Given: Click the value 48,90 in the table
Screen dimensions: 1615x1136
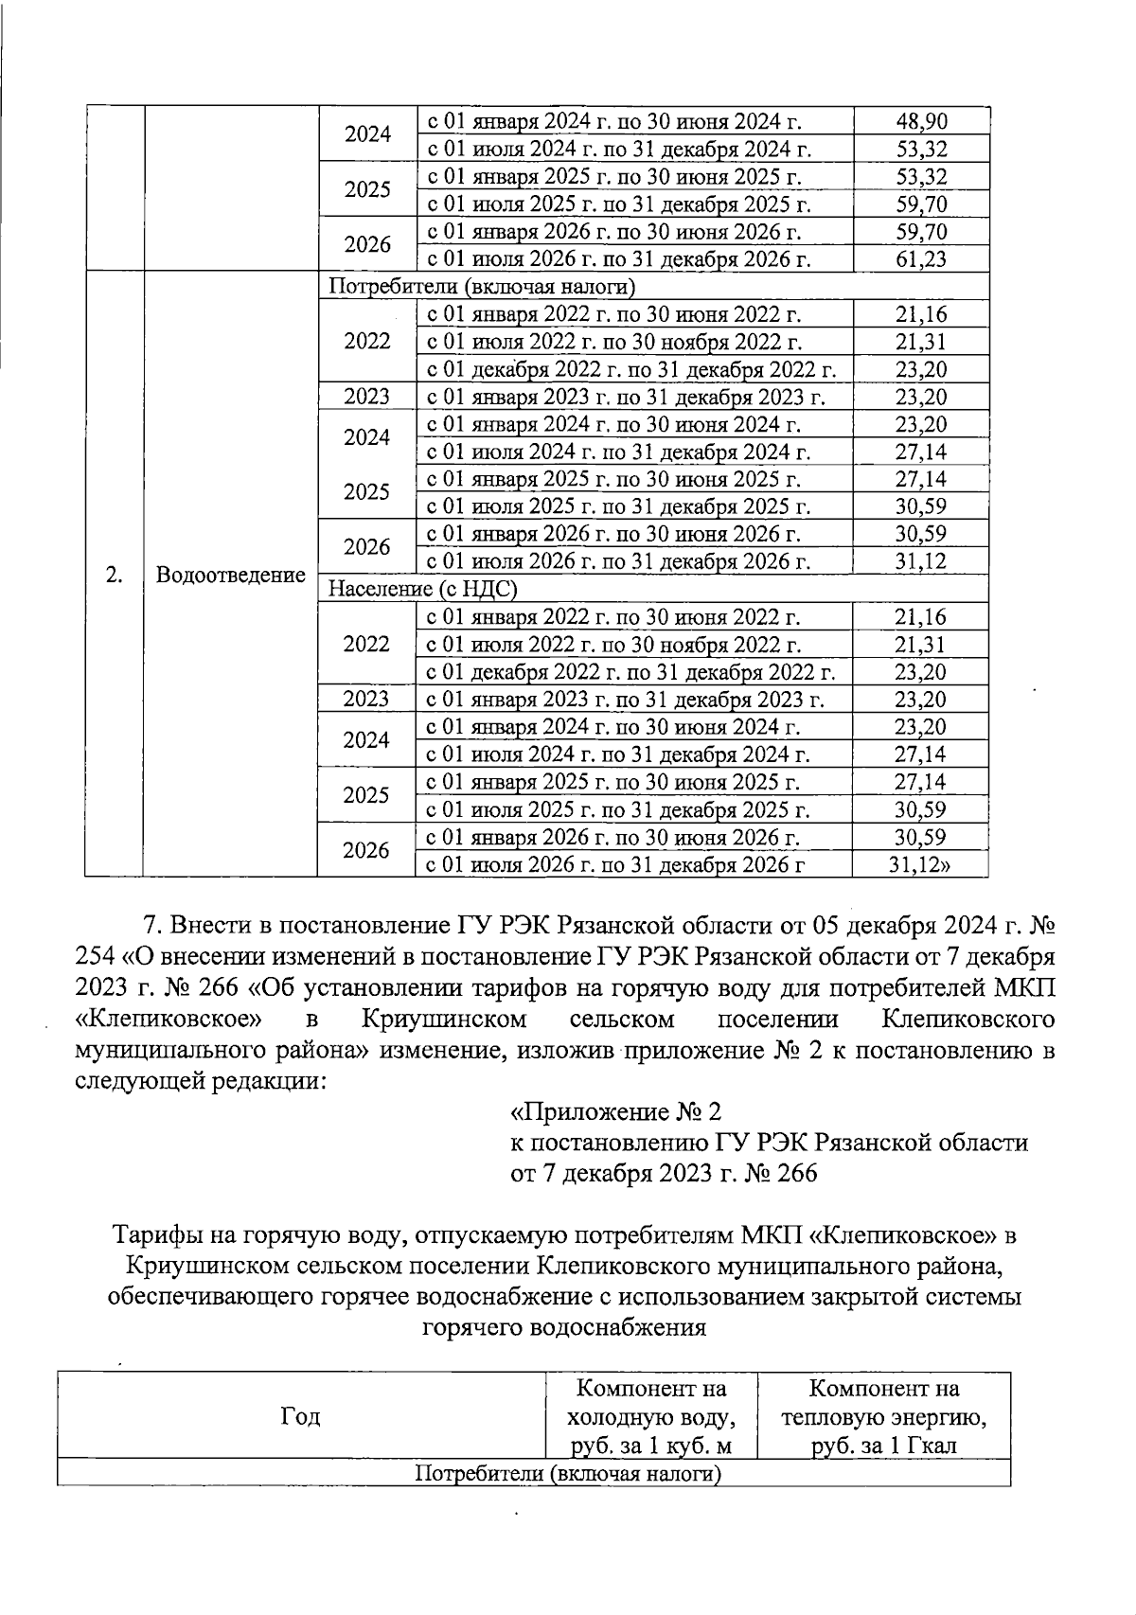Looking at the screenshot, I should pyautogui.click(x=921, y=121).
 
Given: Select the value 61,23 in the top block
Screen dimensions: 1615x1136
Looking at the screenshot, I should pyautogui.click(x=921, y=259).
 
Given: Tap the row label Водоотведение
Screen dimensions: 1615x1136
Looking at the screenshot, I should pyautogui.click(x=230, y=576).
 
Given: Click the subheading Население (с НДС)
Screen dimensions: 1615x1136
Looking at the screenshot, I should pyautogui.click(x=422, y=589).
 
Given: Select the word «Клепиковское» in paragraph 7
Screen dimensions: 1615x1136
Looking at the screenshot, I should pyautogui.click(x=169, y=1020).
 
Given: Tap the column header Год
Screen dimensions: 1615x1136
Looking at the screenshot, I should pyautogui.click(x=300, y=1416).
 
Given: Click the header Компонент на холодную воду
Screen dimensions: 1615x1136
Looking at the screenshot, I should pyautogui.click(x=650, y=1416).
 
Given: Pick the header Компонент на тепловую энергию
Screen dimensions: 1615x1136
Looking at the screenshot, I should pyautogui.click(x=883, y=1416).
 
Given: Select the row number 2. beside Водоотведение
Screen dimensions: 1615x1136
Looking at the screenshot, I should pyautogui.click(x=114, y=576).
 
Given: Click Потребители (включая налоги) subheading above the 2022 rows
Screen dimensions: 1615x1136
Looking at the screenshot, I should pyautogui.click(x=481, y=287).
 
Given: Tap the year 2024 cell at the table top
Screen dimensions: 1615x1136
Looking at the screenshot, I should pyautogui.click(x=367, y=134).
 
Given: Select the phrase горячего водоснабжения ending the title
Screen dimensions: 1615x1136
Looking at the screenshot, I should pyautogui.click(x=564, y=1326).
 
